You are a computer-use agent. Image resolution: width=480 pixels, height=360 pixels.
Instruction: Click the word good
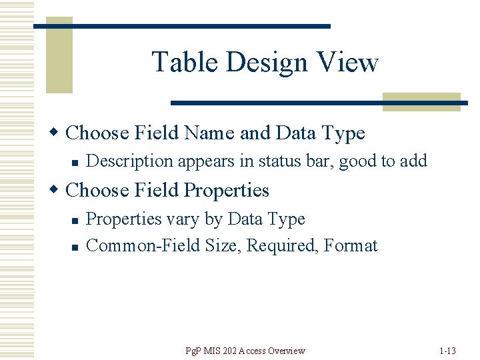click(359, 161)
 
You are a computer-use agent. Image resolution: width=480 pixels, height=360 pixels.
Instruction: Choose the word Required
click(283, 246)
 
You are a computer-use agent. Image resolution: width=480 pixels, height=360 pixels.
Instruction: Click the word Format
click(351, 245)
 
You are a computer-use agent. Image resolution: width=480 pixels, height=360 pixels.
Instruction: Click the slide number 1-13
click(448, 351)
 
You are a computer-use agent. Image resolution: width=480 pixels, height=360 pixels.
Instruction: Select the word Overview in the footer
click(287, 351)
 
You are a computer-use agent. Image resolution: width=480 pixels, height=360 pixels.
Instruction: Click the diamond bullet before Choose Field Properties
click(57, 190)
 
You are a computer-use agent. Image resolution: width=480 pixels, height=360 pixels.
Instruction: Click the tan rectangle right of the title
click(421, 101)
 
